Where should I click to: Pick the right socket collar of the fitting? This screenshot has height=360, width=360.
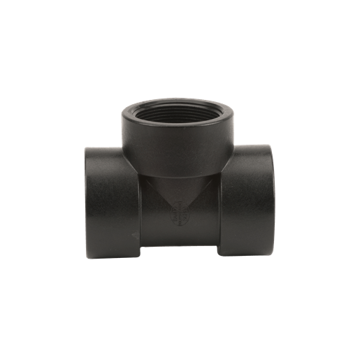click(248, 199)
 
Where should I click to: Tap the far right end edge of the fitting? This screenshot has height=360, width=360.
click(275, 199)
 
